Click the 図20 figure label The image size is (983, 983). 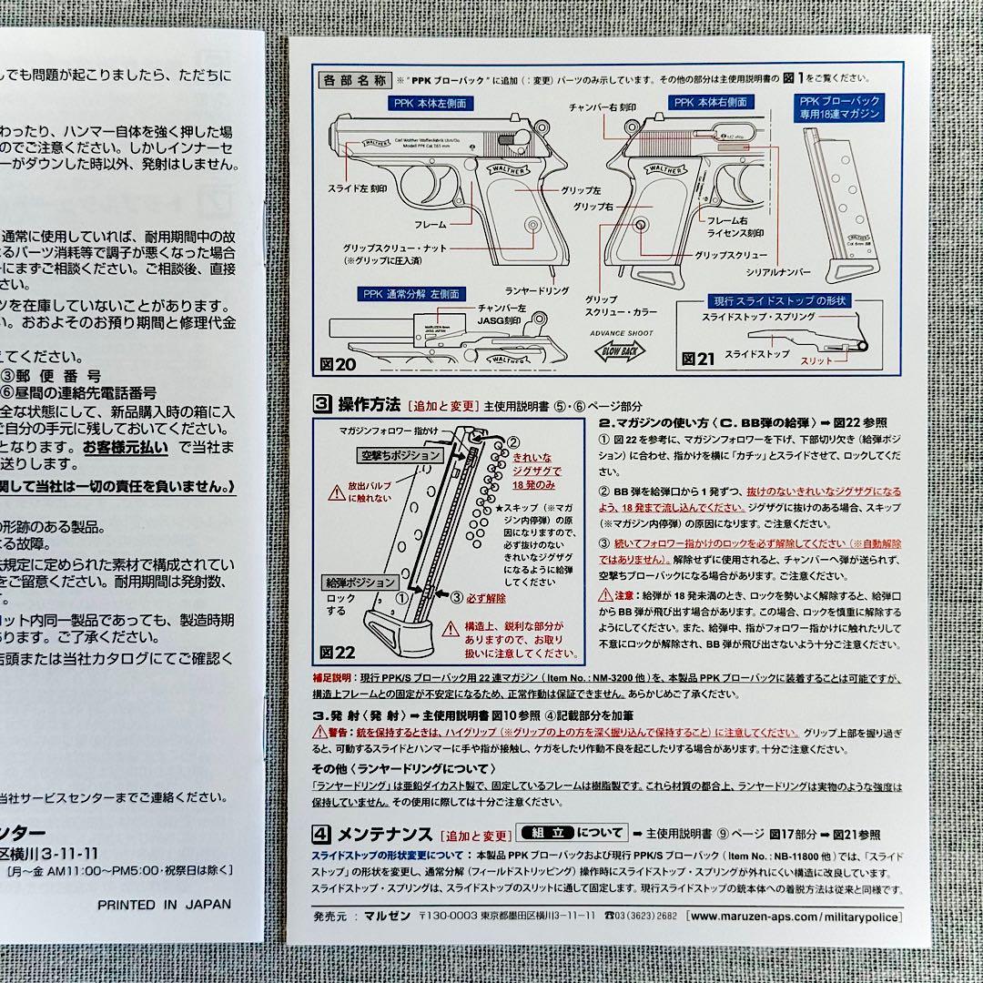tap(334, 364)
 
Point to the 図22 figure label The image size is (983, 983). tap(335, 654)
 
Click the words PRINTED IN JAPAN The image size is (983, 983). tap(165, 904)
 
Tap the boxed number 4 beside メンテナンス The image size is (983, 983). tap(321, 833)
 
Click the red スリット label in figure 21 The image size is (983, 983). tap(816, 361)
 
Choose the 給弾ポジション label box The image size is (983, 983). tap(360, 582)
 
